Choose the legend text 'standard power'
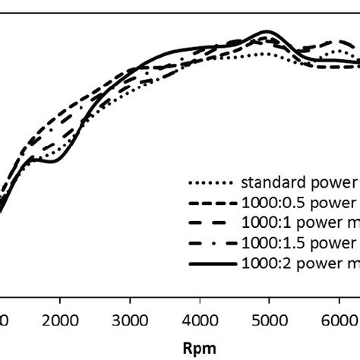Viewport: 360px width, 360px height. pyautogui.click(x=299, y=182)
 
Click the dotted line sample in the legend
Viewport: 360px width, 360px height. pyautogui.click(x=210, y=183)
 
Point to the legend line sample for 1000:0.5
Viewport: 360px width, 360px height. pyautogui.click(x=210, y=204)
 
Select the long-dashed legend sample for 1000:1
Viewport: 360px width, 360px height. pyautogui.click(x=210, y=224)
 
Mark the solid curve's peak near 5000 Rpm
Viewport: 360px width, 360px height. pyautogui.click(x=266, y=32)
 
